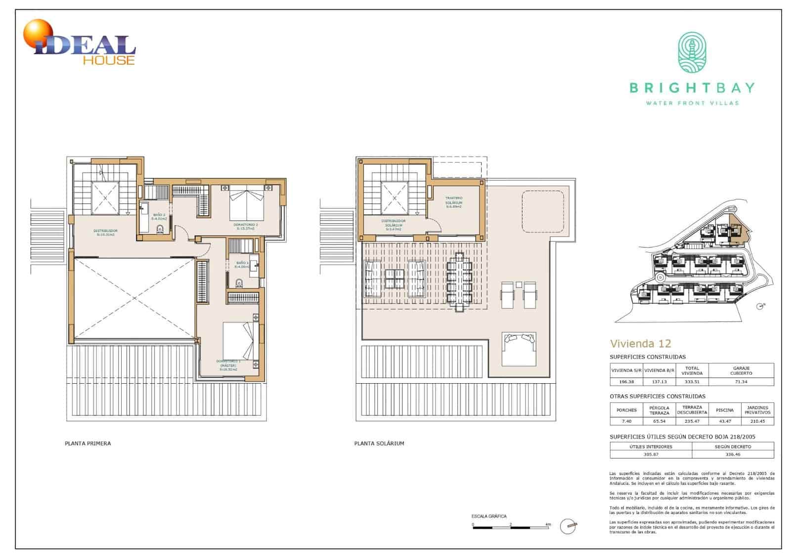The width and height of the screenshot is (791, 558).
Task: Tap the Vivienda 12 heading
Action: pyautogui.click(x=640, y=344)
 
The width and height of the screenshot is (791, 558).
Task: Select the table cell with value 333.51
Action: pyautogui.click(x=692, y=382)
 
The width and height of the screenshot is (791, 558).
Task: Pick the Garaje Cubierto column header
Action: pyautogui.click(x=741, y=370)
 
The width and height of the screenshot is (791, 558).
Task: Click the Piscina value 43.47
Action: pyautogui.click(x=725, y=421)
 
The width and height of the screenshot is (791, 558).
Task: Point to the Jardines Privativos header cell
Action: pyautogui.click(x=757, y=410)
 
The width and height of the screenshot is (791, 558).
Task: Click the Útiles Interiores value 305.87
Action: pyautogui.click(x=651, y=454)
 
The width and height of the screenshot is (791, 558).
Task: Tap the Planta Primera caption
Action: pyautogui.click(x=88, y=443)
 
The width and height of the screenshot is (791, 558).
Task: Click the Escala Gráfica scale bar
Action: pyautogui.click(x=511, y=528)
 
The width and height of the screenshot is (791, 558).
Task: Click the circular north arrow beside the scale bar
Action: pyautogui.click(x=569, y=527)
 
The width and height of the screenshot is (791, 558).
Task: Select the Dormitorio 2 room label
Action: pyautogui.click(x=246, y=227)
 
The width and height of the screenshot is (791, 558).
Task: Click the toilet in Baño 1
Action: pyautogui.click(x=240, y=284)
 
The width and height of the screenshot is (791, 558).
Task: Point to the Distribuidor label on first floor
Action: pyautogui.click(x=105, y=233)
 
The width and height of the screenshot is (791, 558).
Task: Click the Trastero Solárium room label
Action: pyautogui.click(x=454, y=202)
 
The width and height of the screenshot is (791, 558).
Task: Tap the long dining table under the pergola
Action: pyautogui.click(x=459, y=281)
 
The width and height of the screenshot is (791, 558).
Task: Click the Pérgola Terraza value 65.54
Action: pyautogui.click(x=659, y=421)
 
